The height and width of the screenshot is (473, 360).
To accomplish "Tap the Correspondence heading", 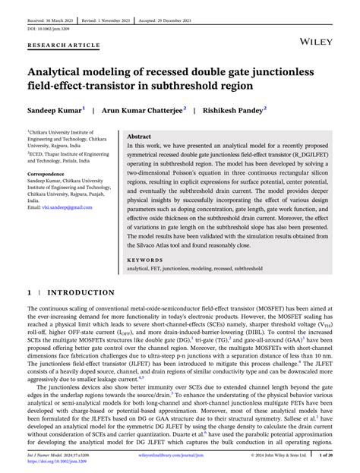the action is (50, 173).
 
